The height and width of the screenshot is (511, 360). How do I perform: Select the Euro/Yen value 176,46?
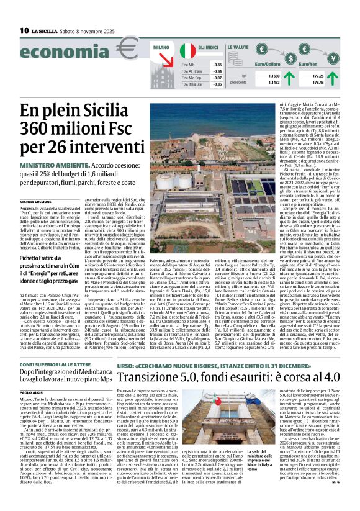tap(319, 81)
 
